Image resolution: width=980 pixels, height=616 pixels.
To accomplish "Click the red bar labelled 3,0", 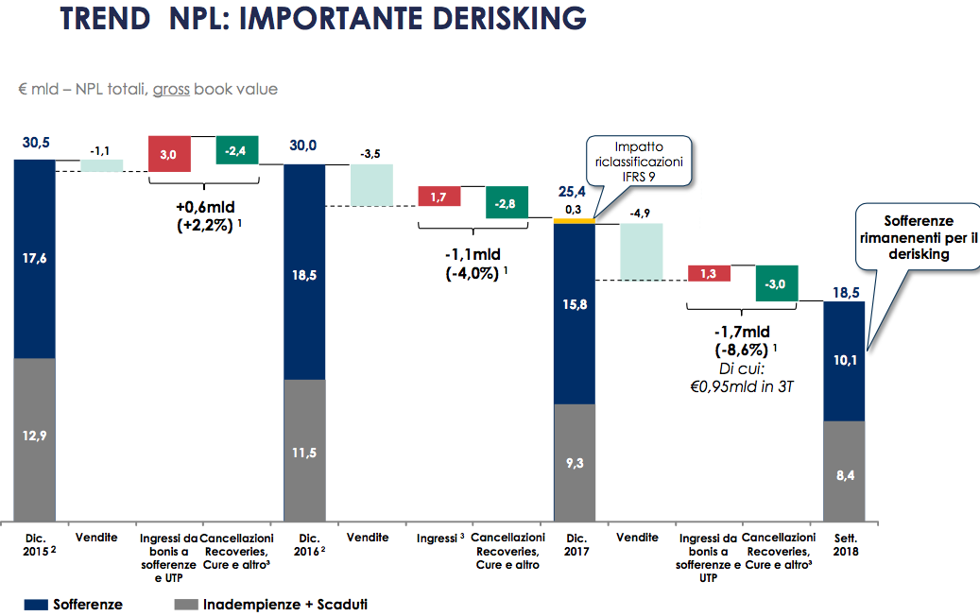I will (169, 153).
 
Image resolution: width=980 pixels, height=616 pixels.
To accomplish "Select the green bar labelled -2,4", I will (237, 150).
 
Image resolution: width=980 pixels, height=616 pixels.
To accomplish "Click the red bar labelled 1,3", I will (709, 273).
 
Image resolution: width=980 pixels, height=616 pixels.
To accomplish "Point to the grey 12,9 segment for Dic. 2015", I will (34, 439).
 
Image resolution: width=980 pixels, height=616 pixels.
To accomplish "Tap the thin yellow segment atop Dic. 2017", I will (574, 221).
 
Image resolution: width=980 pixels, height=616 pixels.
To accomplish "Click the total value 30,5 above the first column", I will (36, 144).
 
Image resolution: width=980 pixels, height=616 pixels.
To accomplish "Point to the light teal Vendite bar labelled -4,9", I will (642, 251).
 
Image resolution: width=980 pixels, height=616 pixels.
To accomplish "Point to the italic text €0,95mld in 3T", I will (739, 385).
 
